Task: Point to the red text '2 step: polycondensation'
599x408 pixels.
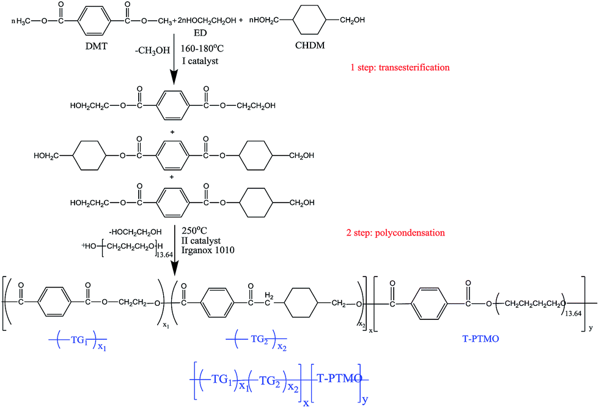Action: (x=397, y=233)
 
